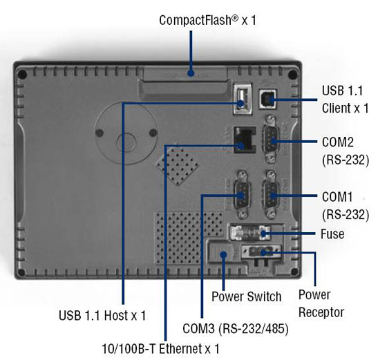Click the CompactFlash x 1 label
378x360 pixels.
[x=207, y=20]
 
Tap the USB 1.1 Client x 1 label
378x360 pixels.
[x=345, y=100]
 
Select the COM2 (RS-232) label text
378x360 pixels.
[x=346, y=151]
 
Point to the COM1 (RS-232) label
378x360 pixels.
[x=346, y=206]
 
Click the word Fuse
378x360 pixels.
[x=332, y=234]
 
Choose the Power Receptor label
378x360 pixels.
[x=321, y=303]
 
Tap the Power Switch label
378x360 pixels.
[x=247, y=296]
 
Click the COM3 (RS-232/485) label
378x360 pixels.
[x=235, y=328]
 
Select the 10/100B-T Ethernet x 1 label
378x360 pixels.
[x=161, y=349]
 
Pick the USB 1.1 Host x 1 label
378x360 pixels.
[x=102, y=315]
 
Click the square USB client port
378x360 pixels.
[x=268, y=99]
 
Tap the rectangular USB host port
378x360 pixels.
[x=243, y=99]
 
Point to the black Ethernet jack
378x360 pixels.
[x=245, y=140]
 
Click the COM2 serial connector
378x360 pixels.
[x=271, y=140]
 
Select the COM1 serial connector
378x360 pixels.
[x=271, y=195]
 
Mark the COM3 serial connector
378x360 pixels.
[x=243, y=195]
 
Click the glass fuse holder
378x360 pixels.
[x=249, y=233]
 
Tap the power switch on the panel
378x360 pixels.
[x=221, y=252]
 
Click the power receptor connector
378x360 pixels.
[x=261, y=252]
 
